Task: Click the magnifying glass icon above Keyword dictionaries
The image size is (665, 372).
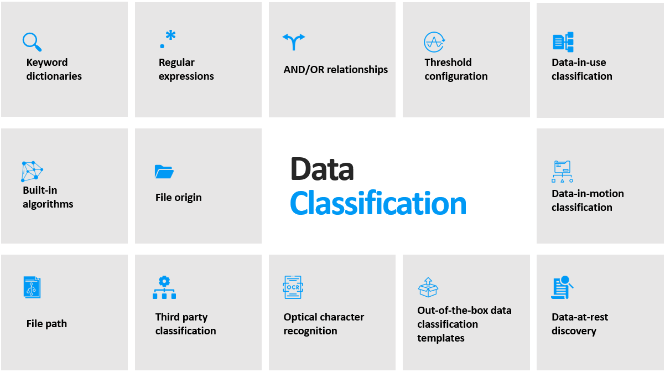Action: [x=32, y=42]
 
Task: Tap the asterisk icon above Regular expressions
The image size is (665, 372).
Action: [x=168, y=39]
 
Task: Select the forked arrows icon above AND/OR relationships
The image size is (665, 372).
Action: [x=294, y=42]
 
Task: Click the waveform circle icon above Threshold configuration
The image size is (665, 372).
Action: [x=434, y=42]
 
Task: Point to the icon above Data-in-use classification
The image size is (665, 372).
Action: [x=563, y=42]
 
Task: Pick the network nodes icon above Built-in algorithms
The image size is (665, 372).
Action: [x=32, y=171]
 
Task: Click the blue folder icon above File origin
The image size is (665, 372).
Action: [x=164, y=172]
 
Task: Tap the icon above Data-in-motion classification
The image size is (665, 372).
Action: [x=563, y=172]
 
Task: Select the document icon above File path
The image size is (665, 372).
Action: [x=32, y=287]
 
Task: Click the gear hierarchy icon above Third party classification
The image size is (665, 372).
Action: [x=164, y=287]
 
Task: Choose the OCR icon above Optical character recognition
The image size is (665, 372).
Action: [x=293, y=287]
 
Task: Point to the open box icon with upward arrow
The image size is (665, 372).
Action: [x=428, y=287]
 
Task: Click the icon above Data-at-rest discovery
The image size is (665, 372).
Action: [x=562, y=287]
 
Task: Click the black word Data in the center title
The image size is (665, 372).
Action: [x=322, y=169]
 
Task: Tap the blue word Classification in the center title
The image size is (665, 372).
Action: [x=378, y=204]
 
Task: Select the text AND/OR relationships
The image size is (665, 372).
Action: [x=336, y=70]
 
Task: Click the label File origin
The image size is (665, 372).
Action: [x=178, y=198]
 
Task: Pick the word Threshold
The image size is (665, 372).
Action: [x=448, y=63]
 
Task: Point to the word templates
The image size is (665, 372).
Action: [x=441, y=338]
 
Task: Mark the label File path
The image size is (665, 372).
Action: [x=46, y=324]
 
